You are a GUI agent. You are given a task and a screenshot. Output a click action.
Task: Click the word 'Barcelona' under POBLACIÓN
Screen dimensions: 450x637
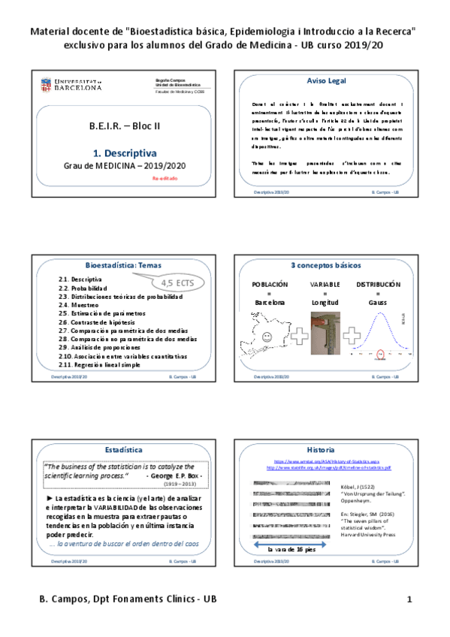[x=270, y=302]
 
